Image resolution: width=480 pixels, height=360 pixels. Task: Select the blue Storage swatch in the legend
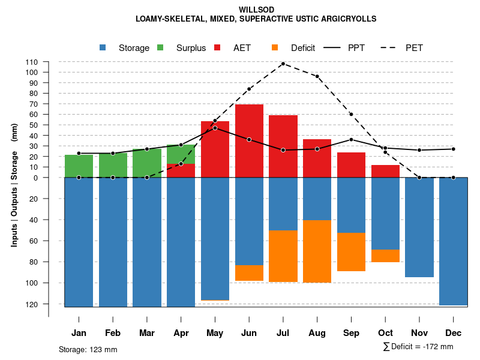[x=103, y=48]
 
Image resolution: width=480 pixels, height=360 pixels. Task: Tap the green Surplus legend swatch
[x=161, y=48]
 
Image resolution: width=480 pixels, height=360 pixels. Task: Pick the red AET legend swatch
[x=217, y=48]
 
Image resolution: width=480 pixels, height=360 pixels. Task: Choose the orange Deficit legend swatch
[x=275, y=48]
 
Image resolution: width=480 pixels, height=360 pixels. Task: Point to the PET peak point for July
[x=283, y=64]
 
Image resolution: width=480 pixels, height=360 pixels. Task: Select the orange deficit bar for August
[x=317, y=251]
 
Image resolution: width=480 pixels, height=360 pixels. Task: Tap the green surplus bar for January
[x=79, y=166]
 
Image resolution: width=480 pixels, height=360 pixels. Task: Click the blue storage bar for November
[x=419, y=227]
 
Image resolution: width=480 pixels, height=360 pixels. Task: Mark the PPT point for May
[x=215, y=128]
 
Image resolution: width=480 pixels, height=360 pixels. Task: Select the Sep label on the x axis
[x=351, y=333]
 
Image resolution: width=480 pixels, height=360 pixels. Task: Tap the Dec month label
[x=453, y=333]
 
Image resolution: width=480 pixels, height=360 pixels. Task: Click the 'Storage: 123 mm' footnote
[x=88, y=349]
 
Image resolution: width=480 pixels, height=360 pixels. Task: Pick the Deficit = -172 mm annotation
[x=418, y=347]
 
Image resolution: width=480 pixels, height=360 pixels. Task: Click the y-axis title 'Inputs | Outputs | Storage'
[x=14, y=185]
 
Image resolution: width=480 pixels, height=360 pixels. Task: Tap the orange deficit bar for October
[x=385, y=256]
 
